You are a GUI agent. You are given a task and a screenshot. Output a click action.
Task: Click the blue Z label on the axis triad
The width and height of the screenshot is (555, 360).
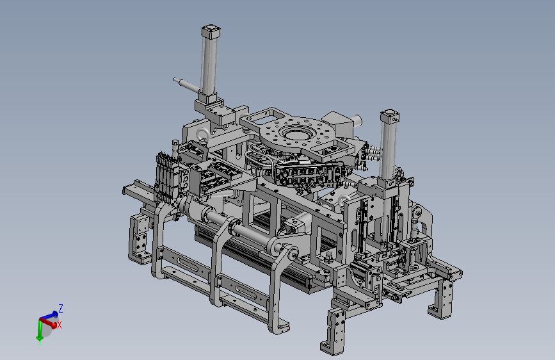(x=61, y=308)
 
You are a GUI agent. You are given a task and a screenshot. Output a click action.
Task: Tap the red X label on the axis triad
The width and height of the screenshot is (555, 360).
(x=60, y=325)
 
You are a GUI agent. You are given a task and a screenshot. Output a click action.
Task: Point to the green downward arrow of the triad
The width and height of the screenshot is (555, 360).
(x=40, y=332)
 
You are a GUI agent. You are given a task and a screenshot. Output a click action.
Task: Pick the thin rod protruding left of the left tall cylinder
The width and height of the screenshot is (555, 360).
(x=187, y=85)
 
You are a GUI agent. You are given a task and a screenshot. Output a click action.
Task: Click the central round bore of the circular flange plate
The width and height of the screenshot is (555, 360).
(x=296, y=135)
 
